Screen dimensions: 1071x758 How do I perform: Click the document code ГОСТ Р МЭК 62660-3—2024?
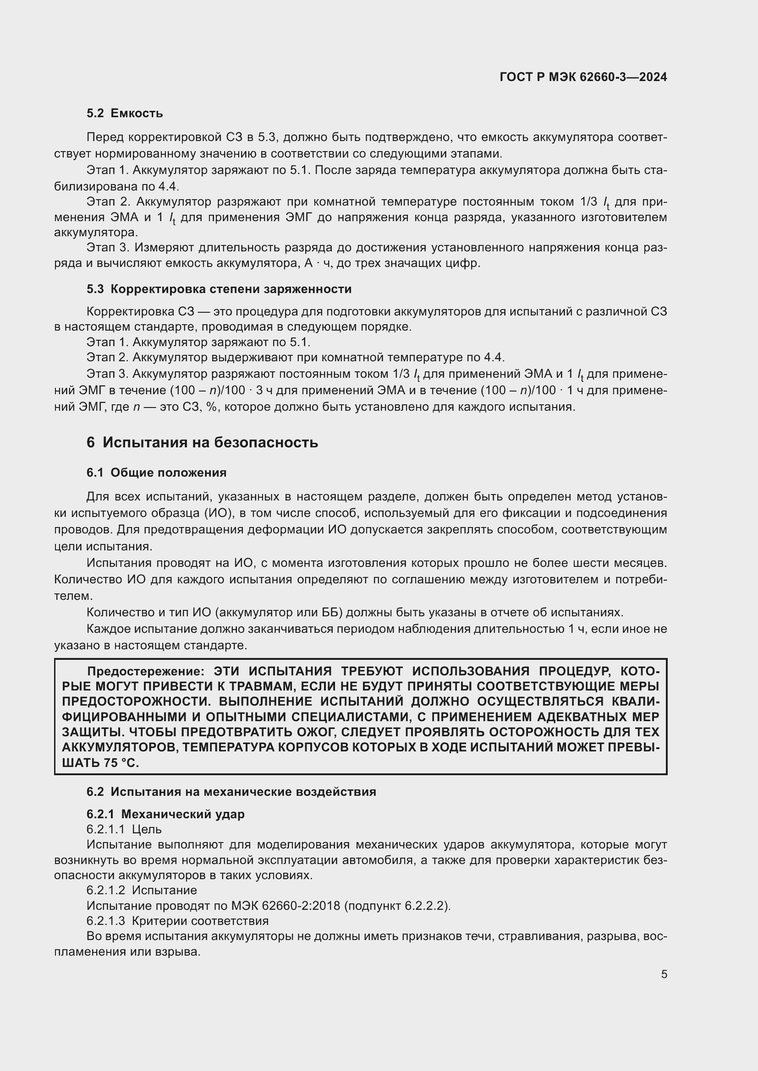pyautogui.click(x=583, y=77)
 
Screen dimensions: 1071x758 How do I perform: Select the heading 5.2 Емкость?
pyautogui.click(x=125, y=114)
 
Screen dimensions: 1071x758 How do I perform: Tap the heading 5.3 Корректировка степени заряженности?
pyautogui.click(x=219, y=289)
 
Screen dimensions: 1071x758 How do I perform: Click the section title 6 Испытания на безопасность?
pyautogui.click(x=202, y=442)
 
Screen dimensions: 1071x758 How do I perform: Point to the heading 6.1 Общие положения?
pyautogui.click(x=156, y=473)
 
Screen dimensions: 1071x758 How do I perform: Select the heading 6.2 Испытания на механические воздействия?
pyautogui.click(x=231, y=792)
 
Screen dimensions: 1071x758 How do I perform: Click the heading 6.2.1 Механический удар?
pyautogui.click(x=165, y=814)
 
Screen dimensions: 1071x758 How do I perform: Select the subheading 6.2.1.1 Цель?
pyautogui.click(x=124, y=829)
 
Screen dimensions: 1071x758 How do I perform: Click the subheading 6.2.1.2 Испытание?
pyautogui.click(x=142, y=890)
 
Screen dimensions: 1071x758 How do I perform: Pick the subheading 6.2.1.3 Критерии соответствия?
pyautogui.click(x=177, y=921)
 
